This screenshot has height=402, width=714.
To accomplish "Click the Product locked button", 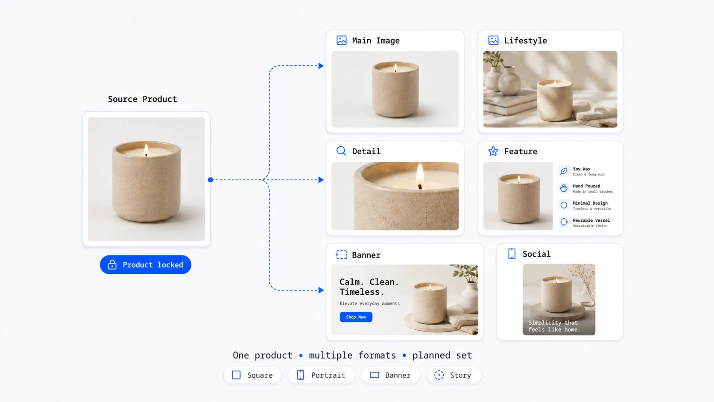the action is pyautogui.click(x=145, y=264).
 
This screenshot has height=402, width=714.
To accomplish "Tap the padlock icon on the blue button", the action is pyautogui.click(x=112, y=264).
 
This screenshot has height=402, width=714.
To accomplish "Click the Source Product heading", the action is pyautogui.click(x=142, y=99).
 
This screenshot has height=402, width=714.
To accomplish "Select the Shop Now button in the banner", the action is pyautogui.click(x=356, y=317).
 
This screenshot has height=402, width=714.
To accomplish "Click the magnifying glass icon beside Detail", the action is pyautogui.click(x=341, y=151).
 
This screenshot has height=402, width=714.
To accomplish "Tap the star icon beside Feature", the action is pyautogui.click(x=493, y=151).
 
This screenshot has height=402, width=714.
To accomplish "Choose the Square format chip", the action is pyautogui.click(x=252, y=375).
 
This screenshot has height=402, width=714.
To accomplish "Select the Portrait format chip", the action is pyautogui.click(x=321, y=375).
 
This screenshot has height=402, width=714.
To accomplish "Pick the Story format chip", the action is pyautogui.click(x=454, y=375).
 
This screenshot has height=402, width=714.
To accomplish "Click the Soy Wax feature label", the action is pyautogui.click(x=581, y=169).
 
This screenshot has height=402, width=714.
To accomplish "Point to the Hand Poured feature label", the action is pyautogui.click(x=586, y=186).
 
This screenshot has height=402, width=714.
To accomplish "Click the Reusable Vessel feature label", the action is pyautogui.click(x=591, y=220).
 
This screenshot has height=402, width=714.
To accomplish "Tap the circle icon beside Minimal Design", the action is pyautogui.click(x=564, y=205).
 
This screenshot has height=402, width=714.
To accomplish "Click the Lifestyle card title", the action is pyautogui.click(x=525, y=41).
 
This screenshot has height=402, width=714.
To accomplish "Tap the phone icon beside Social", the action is pyautogui.click(x=512, y=254).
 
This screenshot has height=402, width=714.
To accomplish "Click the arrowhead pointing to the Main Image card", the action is pyautogui.click(x=321, y=66).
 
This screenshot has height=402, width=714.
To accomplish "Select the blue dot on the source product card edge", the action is pyautogui.click(x=211, y=180).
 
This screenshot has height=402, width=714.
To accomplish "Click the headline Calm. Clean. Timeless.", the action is pyautogui.click(x=369, y=287).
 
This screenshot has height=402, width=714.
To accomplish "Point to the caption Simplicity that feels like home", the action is pyautogui.click(x=554, y=326).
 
